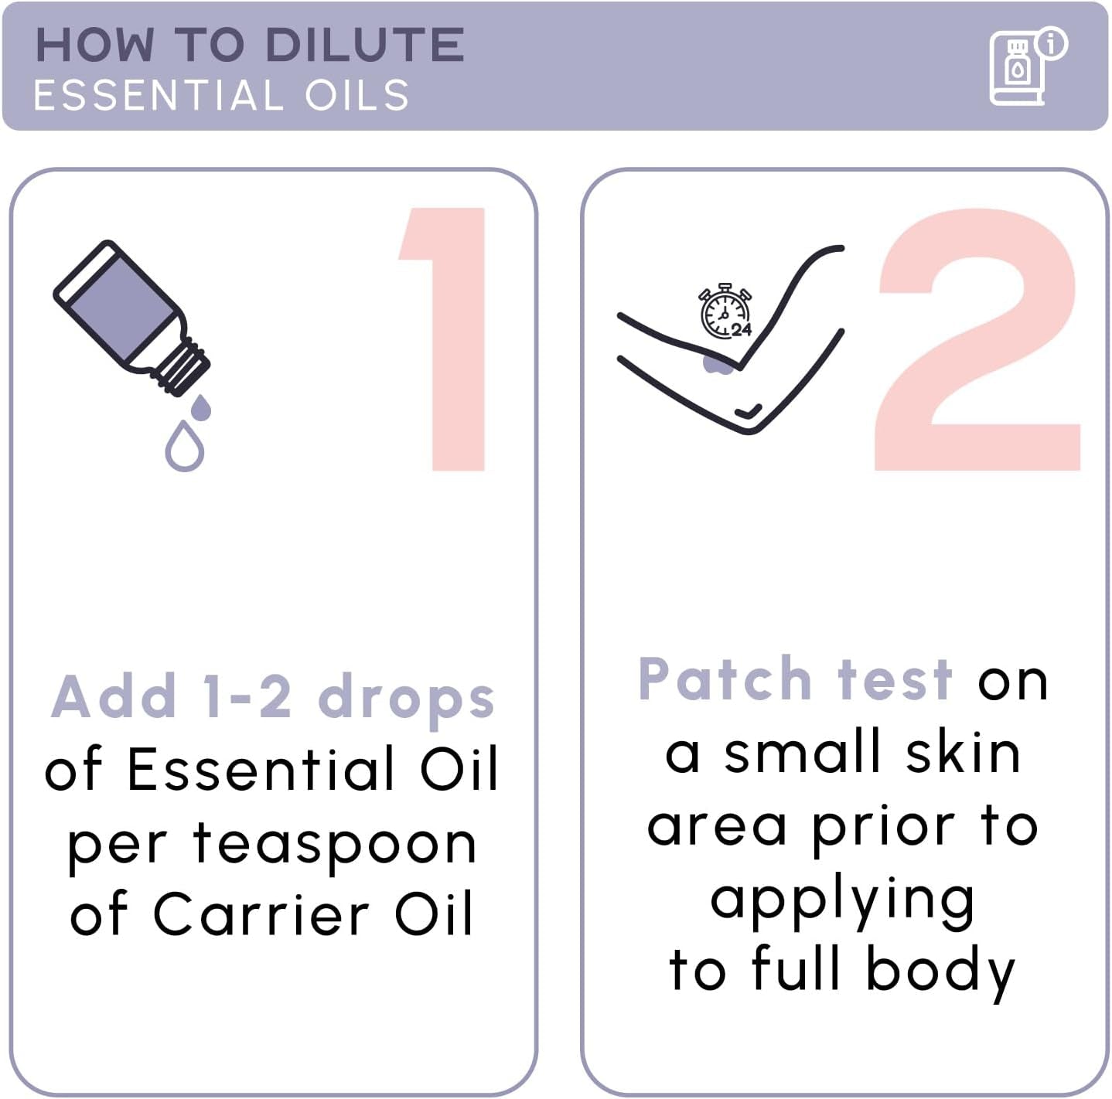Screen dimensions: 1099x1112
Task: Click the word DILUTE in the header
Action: [x=364, y=45]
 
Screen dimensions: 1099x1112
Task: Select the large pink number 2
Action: [x=977, y=340]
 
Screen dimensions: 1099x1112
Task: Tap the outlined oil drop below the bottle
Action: [x=185, y=447]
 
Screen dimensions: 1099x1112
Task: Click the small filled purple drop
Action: [x=200, y=408]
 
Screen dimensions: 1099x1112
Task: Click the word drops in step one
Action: [x=406, y=697]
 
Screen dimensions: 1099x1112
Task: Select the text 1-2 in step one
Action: [x=247, y=696]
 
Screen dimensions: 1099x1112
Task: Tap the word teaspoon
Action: [x=334, y=843]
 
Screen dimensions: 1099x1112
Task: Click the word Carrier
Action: [x=261, y=914]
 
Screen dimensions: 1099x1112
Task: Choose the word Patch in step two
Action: [x=725, y=679]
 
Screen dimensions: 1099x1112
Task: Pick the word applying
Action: [x=842, y=901]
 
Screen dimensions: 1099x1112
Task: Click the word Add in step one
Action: [x=114, y=696]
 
